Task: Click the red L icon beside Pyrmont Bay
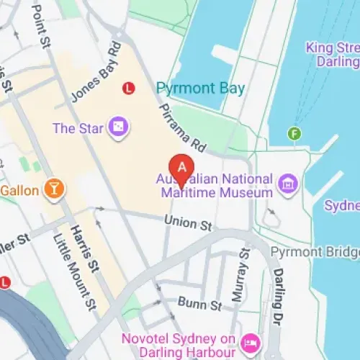pos(129,88)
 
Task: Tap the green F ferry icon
pos(293,133)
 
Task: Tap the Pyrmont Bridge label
pos(315,253)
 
